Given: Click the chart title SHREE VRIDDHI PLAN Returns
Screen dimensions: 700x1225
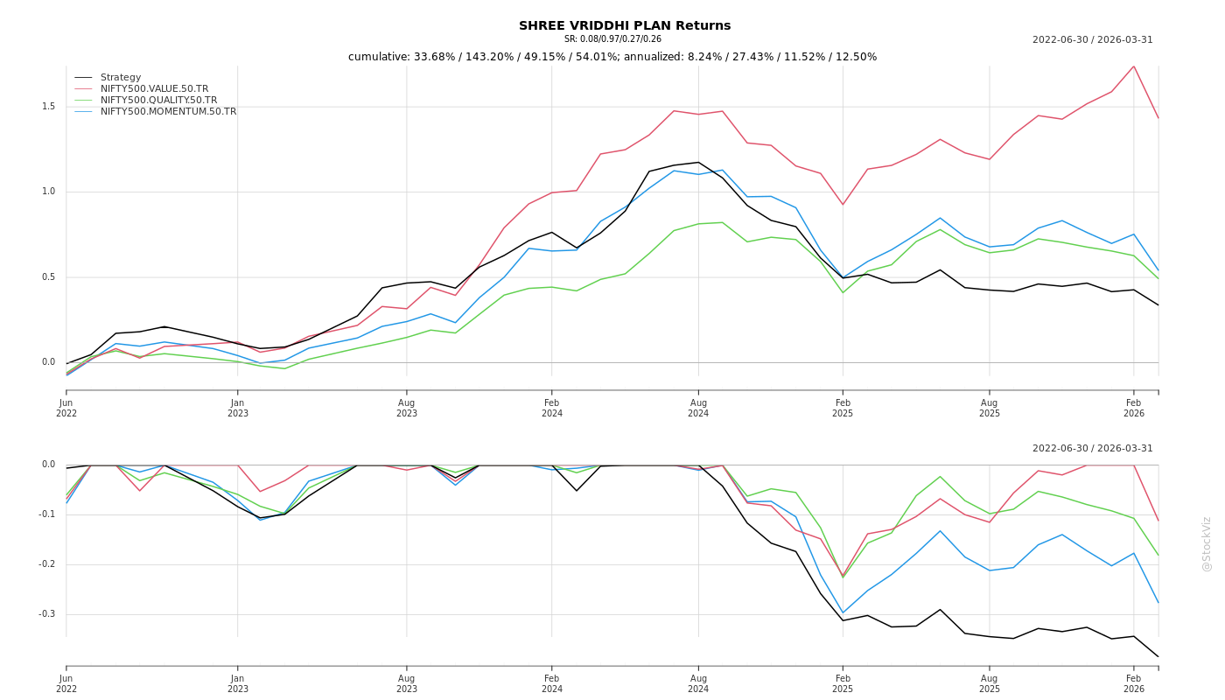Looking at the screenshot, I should (624, 26).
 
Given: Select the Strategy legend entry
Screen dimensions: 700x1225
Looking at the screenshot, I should (121, 78).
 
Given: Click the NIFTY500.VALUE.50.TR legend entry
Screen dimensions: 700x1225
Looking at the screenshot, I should (154, 89).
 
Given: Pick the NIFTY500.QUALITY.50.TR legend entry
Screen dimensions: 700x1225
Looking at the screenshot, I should (158, 101).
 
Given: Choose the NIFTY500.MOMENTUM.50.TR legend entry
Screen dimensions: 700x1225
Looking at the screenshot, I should (168, 112).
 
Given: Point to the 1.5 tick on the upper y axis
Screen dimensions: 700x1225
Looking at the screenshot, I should (48, 107).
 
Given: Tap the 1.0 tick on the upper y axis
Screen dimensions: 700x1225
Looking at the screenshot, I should (48, 192).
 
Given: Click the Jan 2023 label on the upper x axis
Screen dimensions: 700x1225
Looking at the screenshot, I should (238, 408).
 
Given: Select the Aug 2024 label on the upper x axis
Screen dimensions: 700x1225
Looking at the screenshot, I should (698, 408).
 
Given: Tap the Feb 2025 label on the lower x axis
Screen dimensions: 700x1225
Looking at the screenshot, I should (843, 683).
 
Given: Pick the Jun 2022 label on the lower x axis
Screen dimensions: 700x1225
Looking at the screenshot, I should (66, 683).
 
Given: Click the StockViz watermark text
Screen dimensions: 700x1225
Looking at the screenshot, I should (1207, 543).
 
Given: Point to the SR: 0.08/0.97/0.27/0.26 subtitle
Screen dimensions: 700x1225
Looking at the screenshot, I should (612, 39).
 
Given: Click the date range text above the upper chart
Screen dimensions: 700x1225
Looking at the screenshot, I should (1092, 40).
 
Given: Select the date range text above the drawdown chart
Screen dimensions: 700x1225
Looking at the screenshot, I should (1092, 449).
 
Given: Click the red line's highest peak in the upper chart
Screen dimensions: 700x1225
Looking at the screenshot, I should (1134, 66).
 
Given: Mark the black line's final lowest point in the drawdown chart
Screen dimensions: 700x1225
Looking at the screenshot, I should (1158, 657).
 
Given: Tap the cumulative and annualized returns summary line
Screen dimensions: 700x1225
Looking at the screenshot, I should (612, 57).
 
